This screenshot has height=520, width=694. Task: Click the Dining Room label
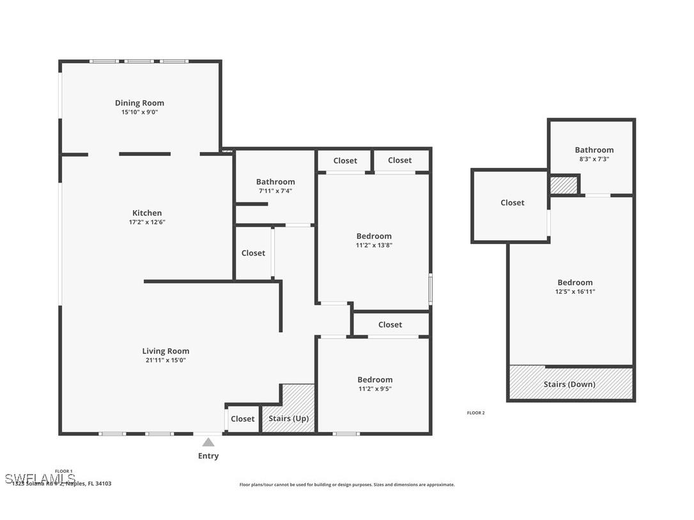139,103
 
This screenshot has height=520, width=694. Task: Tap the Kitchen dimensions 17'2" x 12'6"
147,222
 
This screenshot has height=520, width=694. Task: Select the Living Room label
166,351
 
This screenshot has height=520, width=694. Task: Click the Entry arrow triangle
208,441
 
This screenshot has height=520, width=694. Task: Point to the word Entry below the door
208,456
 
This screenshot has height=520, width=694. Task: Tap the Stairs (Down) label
569,384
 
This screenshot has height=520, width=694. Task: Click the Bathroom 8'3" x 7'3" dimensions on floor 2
594,159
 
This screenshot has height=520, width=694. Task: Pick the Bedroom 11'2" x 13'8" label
374,236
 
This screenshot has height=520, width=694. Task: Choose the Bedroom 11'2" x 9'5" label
374,379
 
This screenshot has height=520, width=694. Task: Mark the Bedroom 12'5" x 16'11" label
574,282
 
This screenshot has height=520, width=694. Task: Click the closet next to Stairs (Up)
243,419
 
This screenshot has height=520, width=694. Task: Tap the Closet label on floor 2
512,203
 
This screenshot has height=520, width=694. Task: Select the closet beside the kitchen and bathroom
253,253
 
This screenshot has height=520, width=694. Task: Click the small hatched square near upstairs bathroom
564,185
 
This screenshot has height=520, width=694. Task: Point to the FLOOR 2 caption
475,413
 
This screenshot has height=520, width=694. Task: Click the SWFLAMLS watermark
40,478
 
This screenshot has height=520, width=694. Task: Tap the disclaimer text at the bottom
347,485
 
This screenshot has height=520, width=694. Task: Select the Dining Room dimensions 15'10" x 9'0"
139,112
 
